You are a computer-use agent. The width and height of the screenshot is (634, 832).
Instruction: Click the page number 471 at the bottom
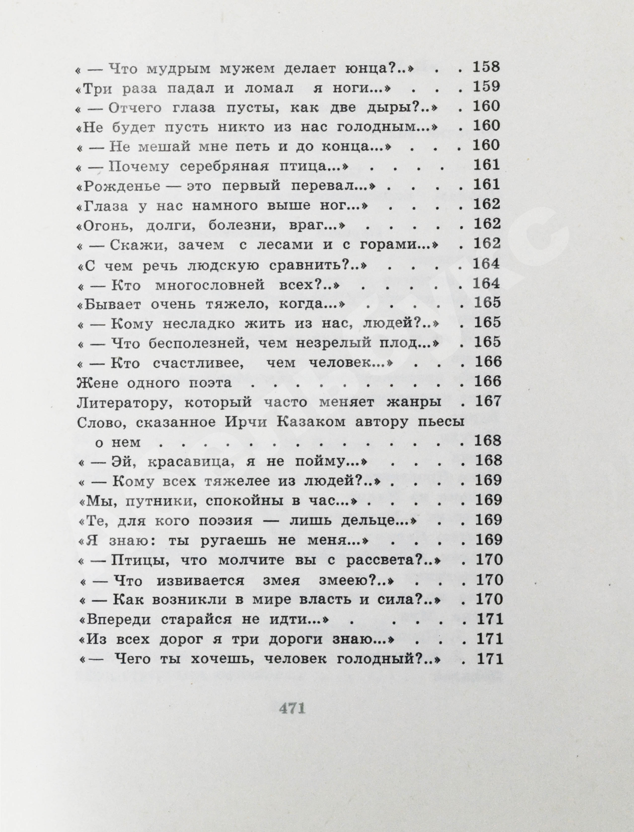[x=292, y=709]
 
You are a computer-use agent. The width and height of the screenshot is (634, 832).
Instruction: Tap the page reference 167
[x=487, y=401]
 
